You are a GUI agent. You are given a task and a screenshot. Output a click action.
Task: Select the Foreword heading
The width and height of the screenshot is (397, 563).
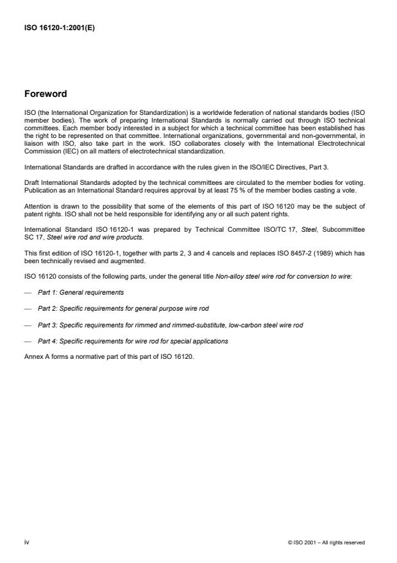tap(45, 94)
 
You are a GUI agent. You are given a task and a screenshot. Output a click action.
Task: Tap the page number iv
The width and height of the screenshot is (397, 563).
tap(26, 542)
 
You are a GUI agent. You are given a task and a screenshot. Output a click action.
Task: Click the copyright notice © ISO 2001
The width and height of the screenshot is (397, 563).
tap(326, 542)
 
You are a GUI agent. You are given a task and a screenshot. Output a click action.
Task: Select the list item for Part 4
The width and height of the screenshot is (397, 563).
tap(133, 341)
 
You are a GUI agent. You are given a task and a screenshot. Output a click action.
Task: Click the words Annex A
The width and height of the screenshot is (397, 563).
tap(37, 357)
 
